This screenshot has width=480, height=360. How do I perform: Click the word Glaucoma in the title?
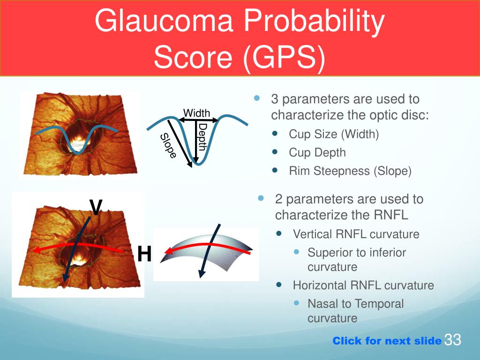[164, 21]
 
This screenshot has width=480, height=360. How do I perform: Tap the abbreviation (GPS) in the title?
[284, 57]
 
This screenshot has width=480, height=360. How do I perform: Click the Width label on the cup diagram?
[196, 113]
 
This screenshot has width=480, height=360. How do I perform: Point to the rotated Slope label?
[169, 146]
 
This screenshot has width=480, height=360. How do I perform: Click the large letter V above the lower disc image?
[96, 207]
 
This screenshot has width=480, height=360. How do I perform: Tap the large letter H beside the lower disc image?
[144, 254]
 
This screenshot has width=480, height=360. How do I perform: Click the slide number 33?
[452, 339]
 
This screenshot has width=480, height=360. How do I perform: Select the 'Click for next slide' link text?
[387, 341]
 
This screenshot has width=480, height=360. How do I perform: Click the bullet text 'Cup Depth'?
[317, 152]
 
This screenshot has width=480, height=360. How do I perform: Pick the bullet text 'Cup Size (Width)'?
[334, 134]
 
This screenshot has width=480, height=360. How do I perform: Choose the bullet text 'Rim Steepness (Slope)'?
[350, 171]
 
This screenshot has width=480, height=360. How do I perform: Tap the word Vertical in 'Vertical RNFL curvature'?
[312, 234]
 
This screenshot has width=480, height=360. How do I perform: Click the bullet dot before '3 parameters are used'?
[257, 98]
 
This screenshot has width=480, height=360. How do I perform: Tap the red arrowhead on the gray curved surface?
[168, 252]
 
